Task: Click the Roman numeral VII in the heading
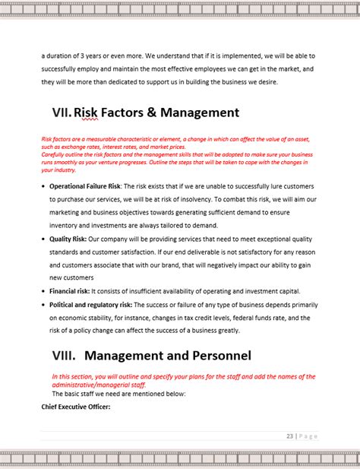point(61,113)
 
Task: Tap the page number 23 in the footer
point(290,436)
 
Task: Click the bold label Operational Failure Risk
point(84,186)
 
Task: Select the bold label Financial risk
point(69,291)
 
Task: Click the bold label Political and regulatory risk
point(90,305)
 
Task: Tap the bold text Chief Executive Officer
point(76,407)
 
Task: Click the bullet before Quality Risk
point(42,239)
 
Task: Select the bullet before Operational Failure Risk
point(42,187)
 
